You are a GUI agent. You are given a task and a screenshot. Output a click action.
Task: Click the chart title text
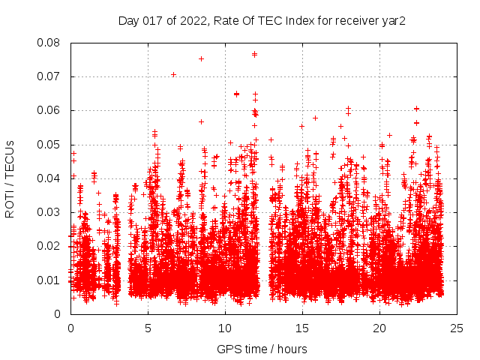click(x=262, y=20)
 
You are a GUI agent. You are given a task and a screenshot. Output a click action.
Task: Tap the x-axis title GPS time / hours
click(x=262, y=349)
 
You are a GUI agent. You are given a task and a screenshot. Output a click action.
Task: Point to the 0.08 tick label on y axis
click(x=49, y=43)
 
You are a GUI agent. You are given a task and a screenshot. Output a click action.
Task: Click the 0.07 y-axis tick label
click(x=49, y=76)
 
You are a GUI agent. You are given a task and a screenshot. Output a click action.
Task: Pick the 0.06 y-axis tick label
click(x=49, y=110)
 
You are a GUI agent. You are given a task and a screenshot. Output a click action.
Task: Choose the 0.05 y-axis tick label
click(x=49, y=145)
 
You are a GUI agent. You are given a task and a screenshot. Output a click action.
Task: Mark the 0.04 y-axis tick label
click(x=49, y=178)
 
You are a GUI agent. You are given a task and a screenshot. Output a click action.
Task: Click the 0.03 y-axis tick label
click(x=49, y=212)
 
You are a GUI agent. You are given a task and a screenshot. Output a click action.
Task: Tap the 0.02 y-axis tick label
click(x=49, y=246)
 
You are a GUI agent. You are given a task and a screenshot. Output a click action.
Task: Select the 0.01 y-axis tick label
click(x=49, y=280)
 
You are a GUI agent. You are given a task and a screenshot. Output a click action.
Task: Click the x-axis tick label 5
click(x=148, y=328)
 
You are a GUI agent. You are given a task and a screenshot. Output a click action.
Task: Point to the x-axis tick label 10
click(x=225, y=328)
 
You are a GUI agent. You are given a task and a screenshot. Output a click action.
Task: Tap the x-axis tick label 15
click(x=302, y=328)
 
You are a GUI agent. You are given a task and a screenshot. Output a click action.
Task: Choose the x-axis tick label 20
click(x=379, y=328)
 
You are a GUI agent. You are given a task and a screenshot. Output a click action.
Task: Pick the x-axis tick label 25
click(x=457, y=328)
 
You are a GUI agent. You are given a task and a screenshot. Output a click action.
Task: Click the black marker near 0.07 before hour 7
click(x=173, y=74)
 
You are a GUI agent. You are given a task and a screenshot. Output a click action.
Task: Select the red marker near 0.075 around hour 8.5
click(x=201, y=58)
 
